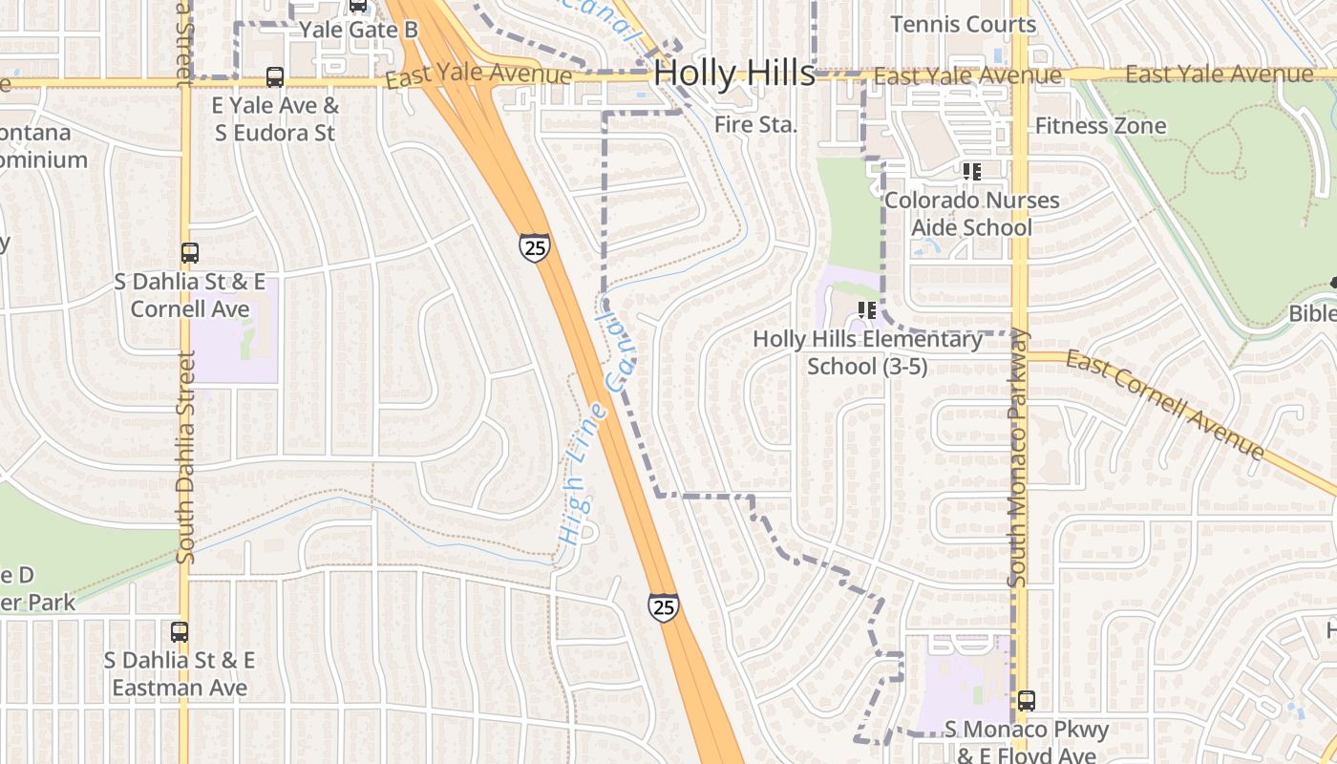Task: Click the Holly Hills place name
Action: (x=734, y=73)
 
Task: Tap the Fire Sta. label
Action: (x=755, y=124)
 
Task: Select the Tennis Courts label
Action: (x=963, y=24)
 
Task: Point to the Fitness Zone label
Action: (x=1100, y=125)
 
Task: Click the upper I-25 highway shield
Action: (x=534, y=247)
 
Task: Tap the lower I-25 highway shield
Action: (x=663, y=606)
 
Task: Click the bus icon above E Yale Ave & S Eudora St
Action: (x=275, y=77)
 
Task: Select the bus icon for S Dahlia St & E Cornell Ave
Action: (x=190, y=253)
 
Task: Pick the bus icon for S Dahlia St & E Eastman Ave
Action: (x=180, y=631)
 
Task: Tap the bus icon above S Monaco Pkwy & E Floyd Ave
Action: (x=1026, y=701)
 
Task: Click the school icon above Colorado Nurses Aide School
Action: (x=972, y=172)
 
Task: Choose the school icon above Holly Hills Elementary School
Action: (x=867, y=310)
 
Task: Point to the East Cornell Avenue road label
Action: (x=1164, y=404)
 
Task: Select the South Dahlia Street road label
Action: (x=185, y=456)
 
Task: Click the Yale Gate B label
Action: (x=358, y=30)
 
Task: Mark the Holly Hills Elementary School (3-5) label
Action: (x=867, y=352)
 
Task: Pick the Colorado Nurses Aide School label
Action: (x=971, y=214)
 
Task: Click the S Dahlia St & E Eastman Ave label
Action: (x=180, y=674)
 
